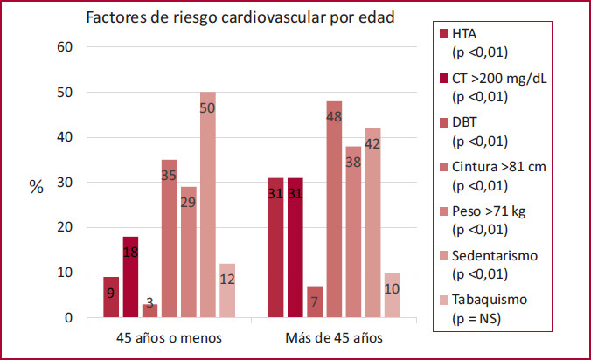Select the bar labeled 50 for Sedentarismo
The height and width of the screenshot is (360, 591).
coord(207,204)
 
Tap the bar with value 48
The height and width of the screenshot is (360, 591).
coord(334,210)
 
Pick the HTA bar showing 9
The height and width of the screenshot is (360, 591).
coord(111,297)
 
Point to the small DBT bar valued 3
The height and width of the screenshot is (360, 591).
coord(149,311)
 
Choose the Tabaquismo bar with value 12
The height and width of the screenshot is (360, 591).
coord(226,290)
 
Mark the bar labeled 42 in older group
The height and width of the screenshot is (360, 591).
coord(372,223)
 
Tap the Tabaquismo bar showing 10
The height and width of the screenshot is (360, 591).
coord(392,294)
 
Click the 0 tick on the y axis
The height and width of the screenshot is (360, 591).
coord(66,318)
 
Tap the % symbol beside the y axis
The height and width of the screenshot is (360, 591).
coord(36,188)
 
